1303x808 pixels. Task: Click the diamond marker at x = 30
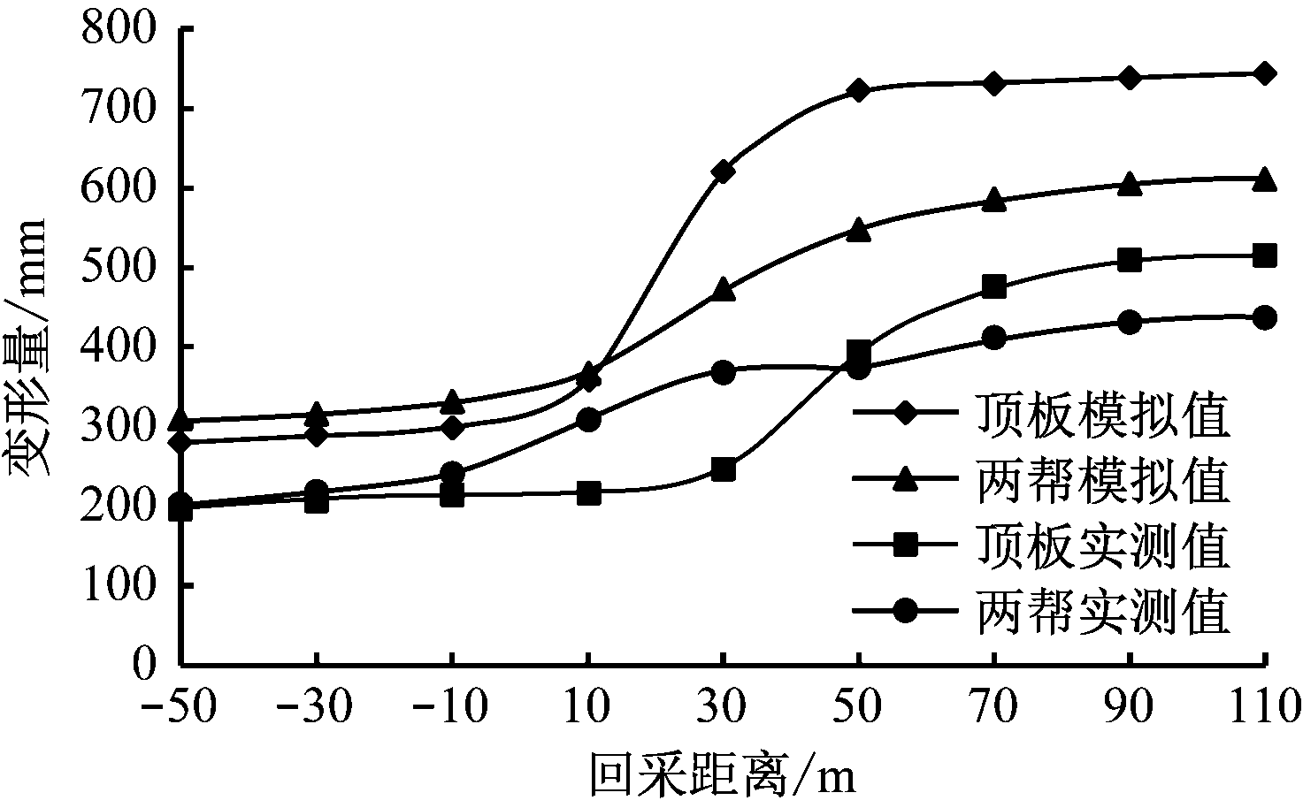723,172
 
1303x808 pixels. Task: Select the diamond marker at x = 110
1265,73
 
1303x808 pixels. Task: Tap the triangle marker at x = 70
994,201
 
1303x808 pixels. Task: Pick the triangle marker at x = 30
723,289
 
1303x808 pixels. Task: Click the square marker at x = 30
723,469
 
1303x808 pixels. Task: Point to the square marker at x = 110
1265,256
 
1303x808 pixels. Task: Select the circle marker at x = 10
587,419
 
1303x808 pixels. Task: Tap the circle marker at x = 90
1130,323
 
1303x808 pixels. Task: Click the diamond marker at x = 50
858,91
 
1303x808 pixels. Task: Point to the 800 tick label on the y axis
119,29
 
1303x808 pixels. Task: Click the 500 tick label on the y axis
119,267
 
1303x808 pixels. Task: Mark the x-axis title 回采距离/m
723,777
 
